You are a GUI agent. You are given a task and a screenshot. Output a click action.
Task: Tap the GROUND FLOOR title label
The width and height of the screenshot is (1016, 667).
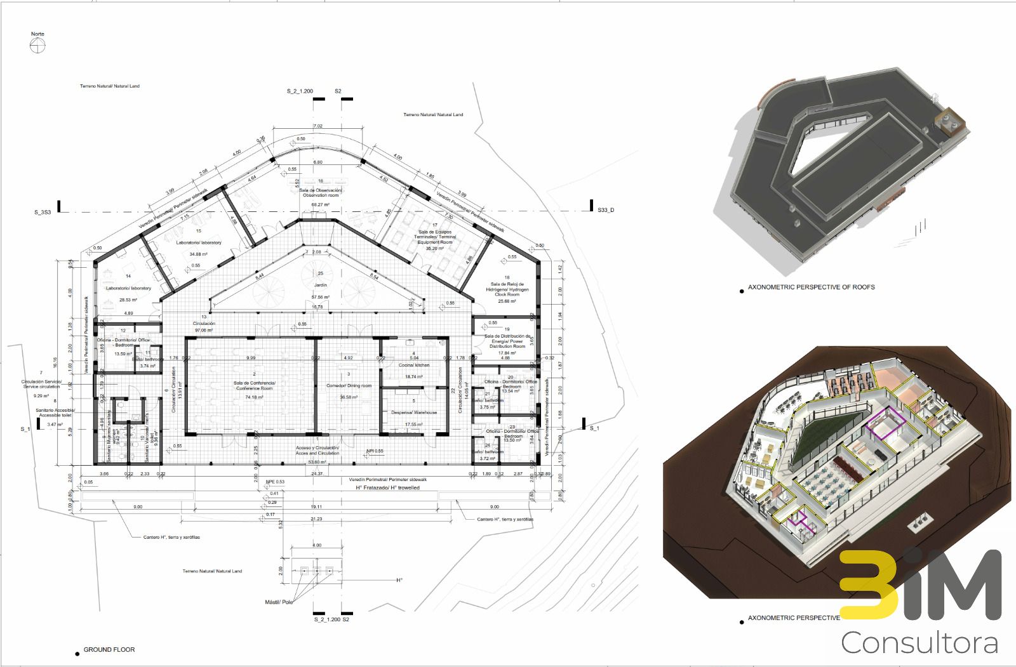[x=109, y=650]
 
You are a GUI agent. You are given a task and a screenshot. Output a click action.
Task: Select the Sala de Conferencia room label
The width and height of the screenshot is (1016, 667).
[x=254, y=385]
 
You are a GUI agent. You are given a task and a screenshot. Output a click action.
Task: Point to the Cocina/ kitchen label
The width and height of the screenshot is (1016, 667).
[x=414, y=365]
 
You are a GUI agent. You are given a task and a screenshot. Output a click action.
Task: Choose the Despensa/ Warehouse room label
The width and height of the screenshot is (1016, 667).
[x=414, y=413]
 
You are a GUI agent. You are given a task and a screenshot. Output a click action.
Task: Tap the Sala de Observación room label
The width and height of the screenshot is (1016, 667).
[x=320, y=192]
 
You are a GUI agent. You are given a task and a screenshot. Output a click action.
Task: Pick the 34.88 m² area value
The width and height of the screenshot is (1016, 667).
[x=198, y=254]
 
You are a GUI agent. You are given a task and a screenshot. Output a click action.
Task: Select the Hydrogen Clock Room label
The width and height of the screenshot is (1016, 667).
[x=507, y=289]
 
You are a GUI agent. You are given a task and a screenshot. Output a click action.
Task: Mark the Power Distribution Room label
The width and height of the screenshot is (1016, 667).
[x=507, y=341]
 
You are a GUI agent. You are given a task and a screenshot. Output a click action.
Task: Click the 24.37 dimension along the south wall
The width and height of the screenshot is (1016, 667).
[x=317, y=474]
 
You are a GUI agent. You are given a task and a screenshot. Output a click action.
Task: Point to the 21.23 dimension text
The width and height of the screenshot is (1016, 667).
[x=316, y=519]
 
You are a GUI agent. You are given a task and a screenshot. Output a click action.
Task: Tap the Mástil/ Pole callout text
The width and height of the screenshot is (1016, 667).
[x=279, y=602]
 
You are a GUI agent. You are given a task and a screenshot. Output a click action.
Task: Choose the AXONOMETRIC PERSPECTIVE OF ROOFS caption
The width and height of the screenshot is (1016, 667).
[x=811, y=287]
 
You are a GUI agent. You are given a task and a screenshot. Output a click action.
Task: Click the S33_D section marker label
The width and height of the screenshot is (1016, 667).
[x=606, y=209]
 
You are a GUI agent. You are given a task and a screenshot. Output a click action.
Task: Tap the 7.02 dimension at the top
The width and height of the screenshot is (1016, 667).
[x=318, y=126]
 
